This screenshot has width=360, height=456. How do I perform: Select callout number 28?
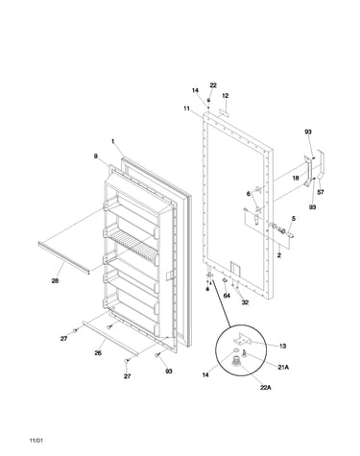[55, 281]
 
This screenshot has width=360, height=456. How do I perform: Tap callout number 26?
[98, 353]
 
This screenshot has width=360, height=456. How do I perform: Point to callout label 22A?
[266, 388]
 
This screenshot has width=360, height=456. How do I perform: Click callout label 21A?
[283, 368]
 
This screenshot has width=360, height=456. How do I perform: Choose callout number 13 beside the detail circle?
[283, 346]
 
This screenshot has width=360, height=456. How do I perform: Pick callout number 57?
[321, 192]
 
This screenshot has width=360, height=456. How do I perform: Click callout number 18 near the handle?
[296, 178]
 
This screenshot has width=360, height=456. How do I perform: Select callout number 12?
[226, 96]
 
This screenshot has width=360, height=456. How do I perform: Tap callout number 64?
[227, 296]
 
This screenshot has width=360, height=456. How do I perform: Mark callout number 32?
[245, 302]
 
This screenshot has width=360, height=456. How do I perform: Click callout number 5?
[294, 219]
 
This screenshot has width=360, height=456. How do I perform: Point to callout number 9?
[96, 156]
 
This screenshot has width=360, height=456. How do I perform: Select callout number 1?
[112, 141]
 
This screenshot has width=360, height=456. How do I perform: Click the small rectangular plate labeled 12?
[225, 113]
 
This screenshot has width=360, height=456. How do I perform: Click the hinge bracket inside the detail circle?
[244, 339]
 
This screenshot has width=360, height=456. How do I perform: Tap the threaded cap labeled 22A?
[236, 361]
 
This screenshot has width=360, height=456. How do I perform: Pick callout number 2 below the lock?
[278, 255]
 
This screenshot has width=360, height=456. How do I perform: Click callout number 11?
[187, 108]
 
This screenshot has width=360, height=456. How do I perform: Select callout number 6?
[249, 194]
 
